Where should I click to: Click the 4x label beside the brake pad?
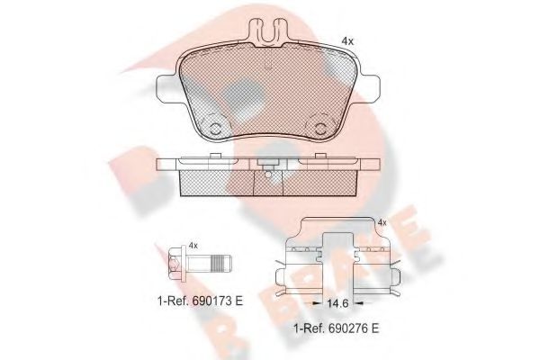pos(346,41)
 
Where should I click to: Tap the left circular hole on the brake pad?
pos(214,124)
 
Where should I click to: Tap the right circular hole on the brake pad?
pos(319,124)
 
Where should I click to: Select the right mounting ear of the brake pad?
pos(365,89)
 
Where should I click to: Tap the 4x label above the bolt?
pos(191,245)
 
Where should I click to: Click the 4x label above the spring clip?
pos(382,222)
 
